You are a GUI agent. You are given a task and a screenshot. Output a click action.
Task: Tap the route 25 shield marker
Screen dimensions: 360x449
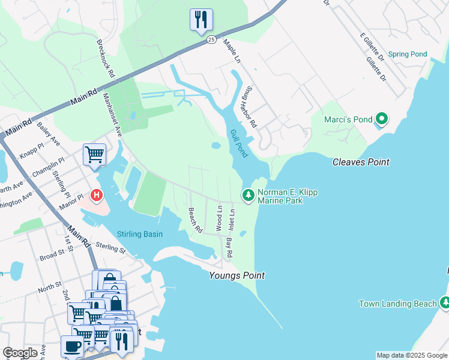pos(211,40)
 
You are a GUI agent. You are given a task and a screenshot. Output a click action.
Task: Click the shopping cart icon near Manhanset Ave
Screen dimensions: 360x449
pos(94,155)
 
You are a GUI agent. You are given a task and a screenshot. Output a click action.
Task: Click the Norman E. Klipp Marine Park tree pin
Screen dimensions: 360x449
pos(247,195)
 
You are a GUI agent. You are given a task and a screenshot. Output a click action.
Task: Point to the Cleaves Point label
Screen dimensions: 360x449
pos(361,162)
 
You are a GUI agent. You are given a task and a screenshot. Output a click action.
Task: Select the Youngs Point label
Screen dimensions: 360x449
pos(237,275)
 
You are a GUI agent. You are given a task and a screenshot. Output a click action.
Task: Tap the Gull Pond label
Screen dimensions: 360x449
pos(238,143)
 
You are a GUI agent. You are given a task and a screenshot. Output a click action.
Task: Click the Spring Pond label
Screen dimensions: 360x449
pos(408,54)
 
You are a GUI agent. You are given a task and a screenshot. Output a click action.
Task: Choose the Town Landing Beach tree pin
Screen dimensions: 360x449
pos(444,303)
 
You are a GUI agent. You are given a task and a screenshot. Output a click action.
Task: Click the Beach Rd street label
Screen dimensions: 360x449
pos(194,221)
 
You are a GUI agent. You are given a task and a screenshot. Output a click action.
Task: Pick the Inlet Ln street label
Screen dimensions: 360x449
pos(232,218)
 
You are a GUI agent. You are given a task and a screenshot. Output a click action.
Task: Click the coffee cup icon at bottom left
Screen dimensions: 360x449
pos(73,347)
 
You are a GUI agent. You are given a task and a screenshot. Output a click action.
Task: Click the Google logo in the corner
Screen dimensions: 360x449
pos(20,353)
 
